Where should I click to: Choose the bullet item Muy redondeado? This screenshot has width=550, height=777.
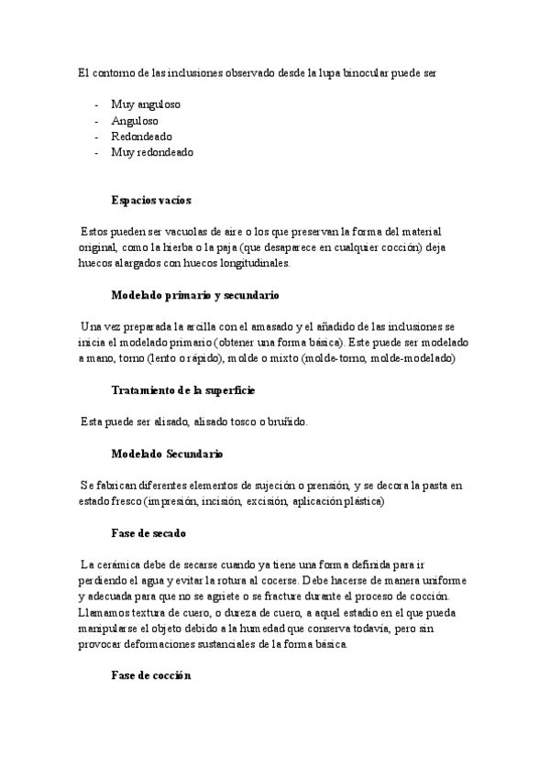coord(151,153)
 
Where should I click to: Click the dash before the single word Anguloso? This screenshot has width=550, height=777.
coord(97,121)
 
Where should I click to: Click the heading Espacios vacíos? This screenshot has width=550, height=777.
coord(150,200)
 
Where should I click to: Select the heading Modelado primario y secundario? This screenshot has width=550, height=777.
coord(194,296)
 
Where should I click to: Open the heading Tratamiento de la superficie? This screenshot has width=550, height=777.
coord(182,390)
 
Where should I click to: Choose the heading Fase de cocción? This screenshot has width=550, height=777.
coord(150,675)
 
